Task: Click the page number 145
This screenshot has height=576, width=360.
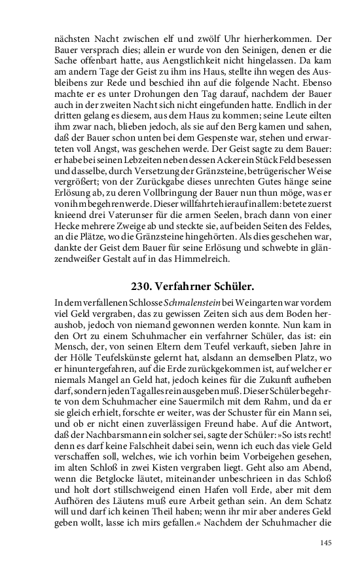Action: tap(326, 543)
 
